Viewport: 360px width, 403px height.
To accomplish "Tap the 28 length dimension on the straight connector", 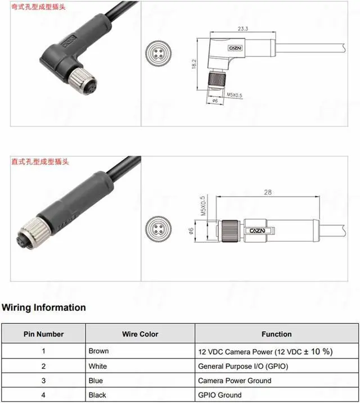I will tap(267, 192).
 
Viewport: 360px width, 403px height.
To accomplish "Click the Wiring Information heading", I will tap(44, 307).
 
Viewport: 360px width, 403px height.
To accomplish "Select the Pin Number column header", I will tap(43, 334).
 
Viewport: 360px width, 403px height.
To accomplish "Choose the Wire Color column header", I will tap(140, 334).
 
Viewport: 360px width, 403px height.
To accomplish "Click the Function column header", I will tap(276, 334).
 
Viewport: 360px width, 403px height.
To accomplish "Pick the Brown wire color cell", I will tap(98, 351).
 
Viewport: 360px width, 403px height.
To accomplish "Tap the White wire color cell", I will tap(98, 366).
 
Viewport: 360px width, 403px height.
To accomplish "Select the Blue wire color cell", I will tap(96, 381).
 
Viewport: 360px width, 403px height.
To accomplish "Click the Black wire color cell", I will tap(97, 395).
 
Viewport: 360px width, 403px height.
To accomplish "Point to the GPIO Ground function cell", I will tap(220, 395).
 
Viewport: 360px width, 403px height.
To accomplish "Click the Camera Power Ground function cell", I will tap(235, 381).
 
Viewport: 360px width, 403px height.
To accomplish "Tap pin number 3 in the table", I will tap(43, 381).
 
